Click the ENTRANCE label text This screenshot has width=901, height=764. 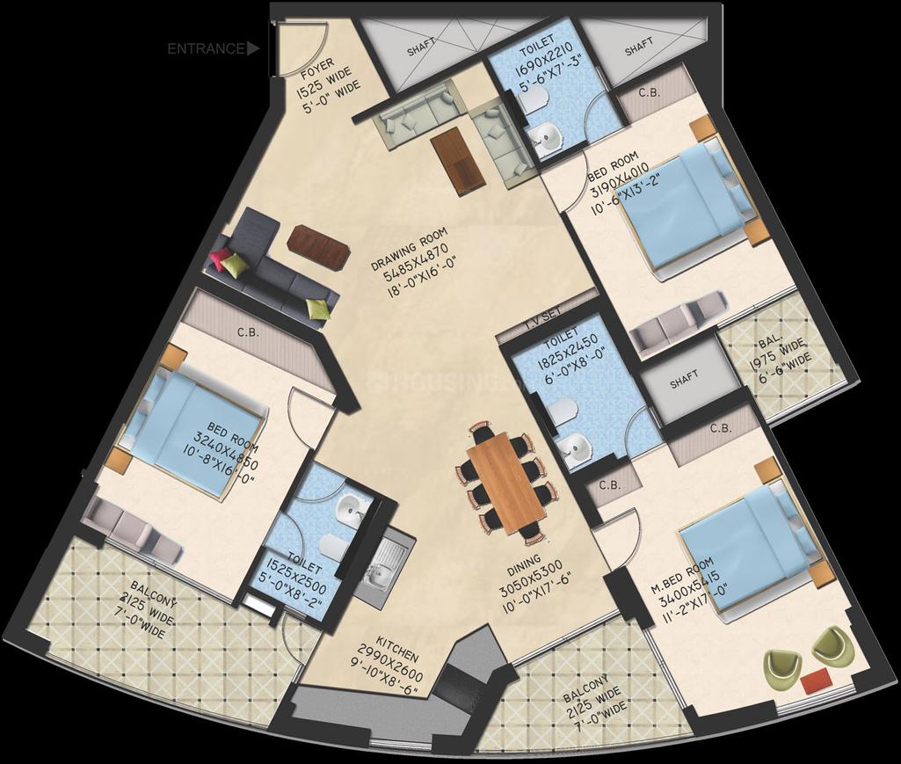pos(206,49)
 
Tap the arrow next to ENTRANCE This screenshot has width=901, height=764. pos(254,49)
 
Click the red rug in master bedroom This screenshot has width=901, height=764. pos(816,679)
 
